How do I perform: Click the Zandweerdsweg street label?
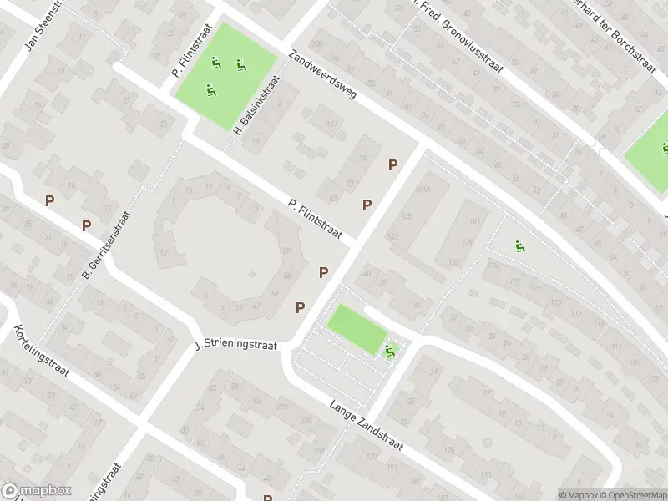point(321,76)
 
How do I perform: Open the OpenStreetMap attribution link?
point(632,495)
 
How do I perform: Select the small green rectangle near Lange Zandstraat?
point(357,327)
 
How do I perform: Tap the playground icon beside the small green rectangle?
point(389,351)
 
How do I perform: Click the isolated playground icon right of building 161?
point(519,246)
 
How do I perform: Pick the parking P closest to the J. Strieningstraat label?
point(300,308)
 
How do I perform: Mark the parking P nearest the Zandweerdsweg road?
point(392,165)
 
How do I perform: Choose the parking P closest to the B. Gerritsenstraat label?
point(86,226)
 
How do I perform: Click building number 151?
point(331,125)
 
